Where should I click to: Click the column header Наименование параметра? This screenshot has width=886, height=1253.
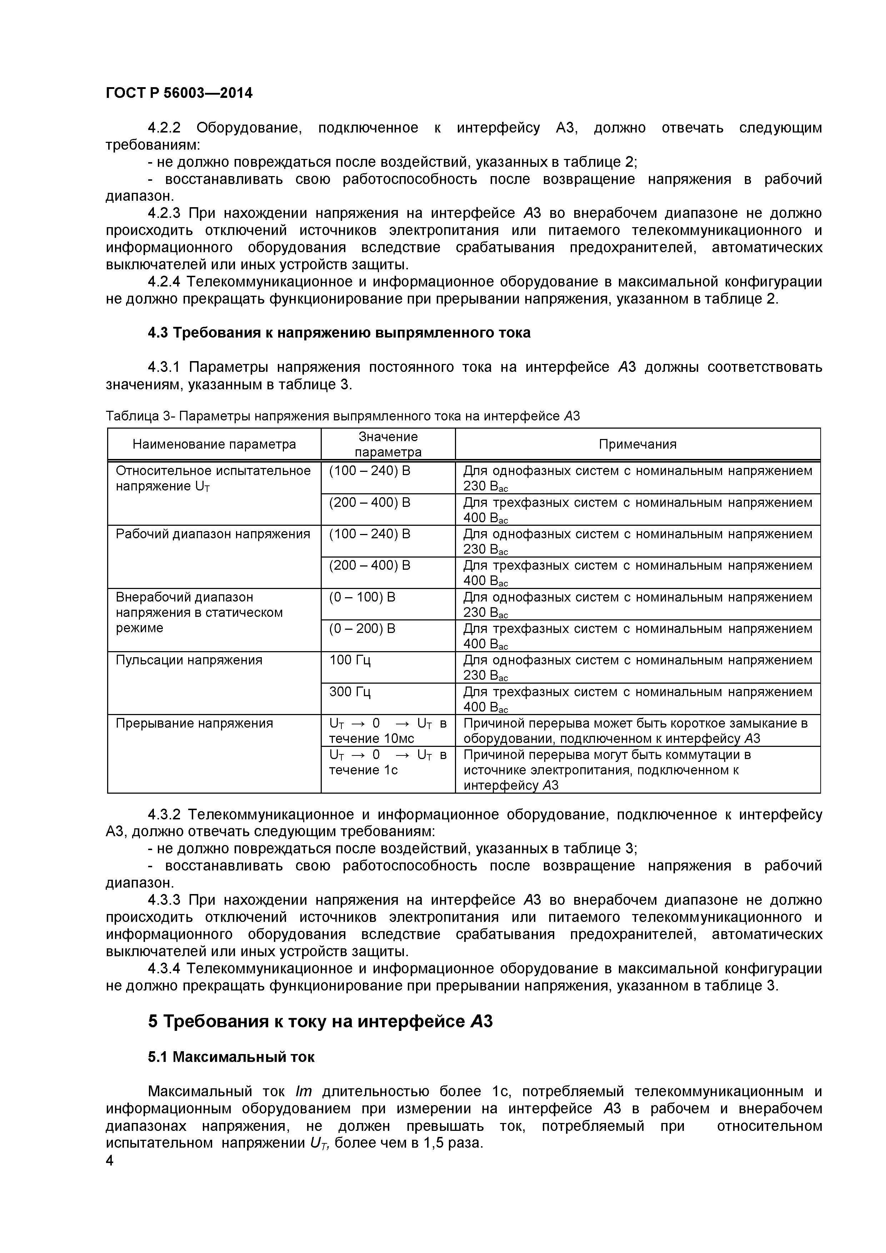(214, 444)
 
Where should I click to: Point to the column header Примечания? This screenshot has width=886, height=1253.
(637, 444)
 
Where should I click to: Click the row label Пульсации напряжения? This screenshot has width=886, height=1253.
(189, 660)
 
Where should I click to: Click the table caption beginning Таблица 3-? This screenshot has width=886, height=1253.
(342, 416)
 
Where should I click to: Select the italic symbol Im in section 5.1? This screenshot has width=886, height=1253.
(303, 1092)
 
